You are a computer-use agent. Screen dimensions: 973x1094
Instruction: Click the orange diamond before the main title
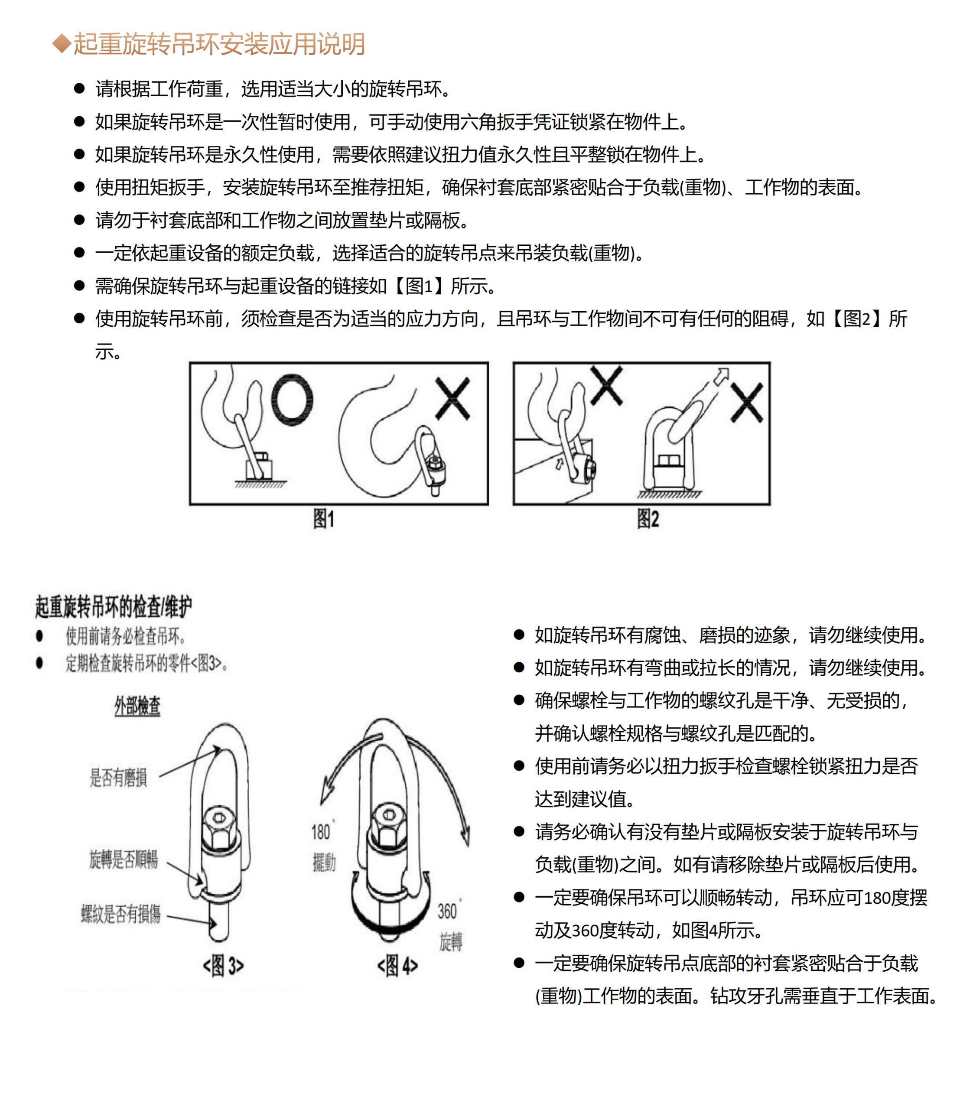point(62,43)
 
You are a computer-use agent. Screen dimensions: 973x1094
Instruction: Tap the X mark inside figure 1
point(452,398)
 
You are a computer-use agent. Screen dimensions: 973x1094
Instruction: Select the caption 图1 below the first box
point(324,519)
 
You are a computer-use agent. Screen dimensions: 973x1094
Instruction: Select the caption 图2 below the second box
point(648,519)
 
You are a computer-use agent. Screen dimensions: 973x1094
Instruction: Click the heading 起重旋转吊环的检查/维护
point(113,606)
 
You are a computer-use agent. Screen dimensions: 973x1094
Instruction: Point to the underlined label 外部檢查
point(137,706)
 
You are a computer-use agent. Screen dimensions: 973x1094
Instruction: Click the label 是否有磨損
point(118,778)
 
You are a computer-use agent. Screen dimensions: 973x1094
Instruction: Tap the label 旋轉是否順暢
point(124,859)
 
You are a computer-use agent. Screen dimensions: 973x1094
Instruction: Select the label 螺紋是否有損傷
point(121,914)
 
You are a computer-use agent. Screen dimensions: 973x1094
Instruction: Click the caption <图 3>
point(223,966)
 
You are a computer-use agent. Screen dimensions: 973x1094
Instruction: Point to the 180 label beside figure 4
point(322,832)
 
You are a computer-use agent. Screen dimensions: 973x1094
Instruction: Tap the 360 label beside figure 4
point(448,911)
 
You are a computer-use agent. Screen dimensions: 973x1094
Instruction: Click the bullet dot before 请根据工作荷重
point(79,88)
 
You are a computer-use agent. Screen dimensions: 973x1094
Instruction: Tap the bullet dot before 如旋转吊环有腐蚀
point(519,635)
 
